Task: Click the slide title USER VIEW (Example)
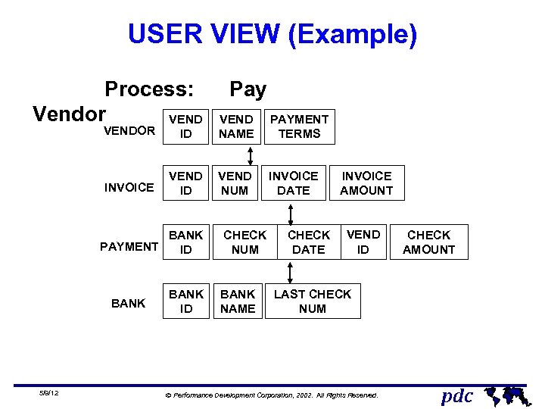point(272,35)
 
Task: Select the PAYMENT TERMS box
point(300,126)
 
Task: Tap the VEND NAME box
point(236,126)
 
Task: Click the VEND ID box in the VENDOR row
point(185,126)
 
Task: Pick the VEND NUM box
point(235,183)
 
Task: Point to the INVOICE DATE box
point(294,183)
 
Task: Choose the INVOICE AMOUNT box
point(366,183)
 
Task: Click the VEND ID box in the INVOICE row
point(185,183)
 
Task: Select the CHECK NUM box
point(245,242)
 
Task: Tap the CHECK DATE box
point(309,242)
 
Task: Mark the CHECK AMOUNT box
point(428,242)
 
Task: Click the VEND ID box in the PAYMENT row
point(363,242)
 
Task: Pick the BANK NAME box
point(238,301)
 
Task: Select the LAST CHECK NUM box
point(313,301)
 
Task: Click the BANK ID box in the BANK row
point(185,301)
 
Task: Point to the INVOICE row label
point(129,188)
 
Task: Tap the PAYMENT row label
point(129,247)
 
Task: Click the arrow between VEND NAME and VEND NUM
point(250,155)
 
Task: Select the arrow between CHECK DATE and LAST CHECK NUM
point(291,272)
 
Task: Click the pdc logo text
point(457,395)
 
